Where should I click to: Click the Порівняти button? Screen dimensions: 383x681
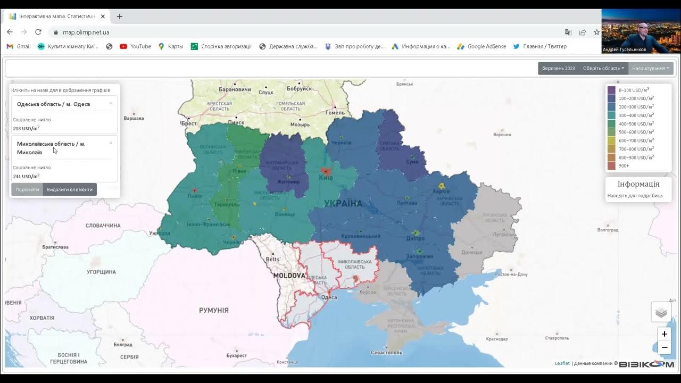click(27, 189)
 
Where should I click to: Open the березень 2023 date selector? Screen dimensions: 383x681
click(558, 68)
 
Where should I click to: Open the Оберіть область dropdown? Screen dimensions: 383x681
click(603, 68)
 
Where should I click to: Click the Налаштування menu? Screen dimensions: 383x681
click(650, 68)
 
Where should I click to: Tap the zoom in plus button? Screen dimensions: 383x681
click(664, 334)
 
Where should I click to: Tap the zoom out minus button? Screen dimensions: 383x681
click(664, 348)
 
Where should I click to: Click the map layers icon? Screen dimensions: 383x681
click(661, 312)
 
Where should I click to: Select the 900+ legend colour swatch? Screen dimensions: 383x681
click(611, 166)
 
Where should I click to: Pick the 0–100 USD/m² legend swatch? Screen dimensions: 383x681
click(611, 90)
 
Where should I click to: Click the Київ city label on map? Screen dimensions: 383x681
click(325, 178)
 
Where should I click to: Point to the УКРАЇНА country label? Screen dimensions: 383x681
click(343, 203)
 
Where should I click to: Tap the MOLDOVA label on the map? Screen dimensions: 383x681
click(289, 276)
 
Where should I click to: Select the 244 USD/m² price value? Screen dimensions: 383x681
click(26, 176)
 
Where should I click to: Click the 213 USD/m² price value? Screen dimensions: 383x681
click(26, 128)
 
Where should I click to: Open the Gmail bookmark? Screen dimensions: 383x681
click(19, 46)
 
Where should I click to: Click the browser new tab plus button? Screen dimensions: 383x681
click(119, 16)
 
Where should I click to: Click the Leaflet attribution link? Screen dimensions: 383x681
click(562, 363)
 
